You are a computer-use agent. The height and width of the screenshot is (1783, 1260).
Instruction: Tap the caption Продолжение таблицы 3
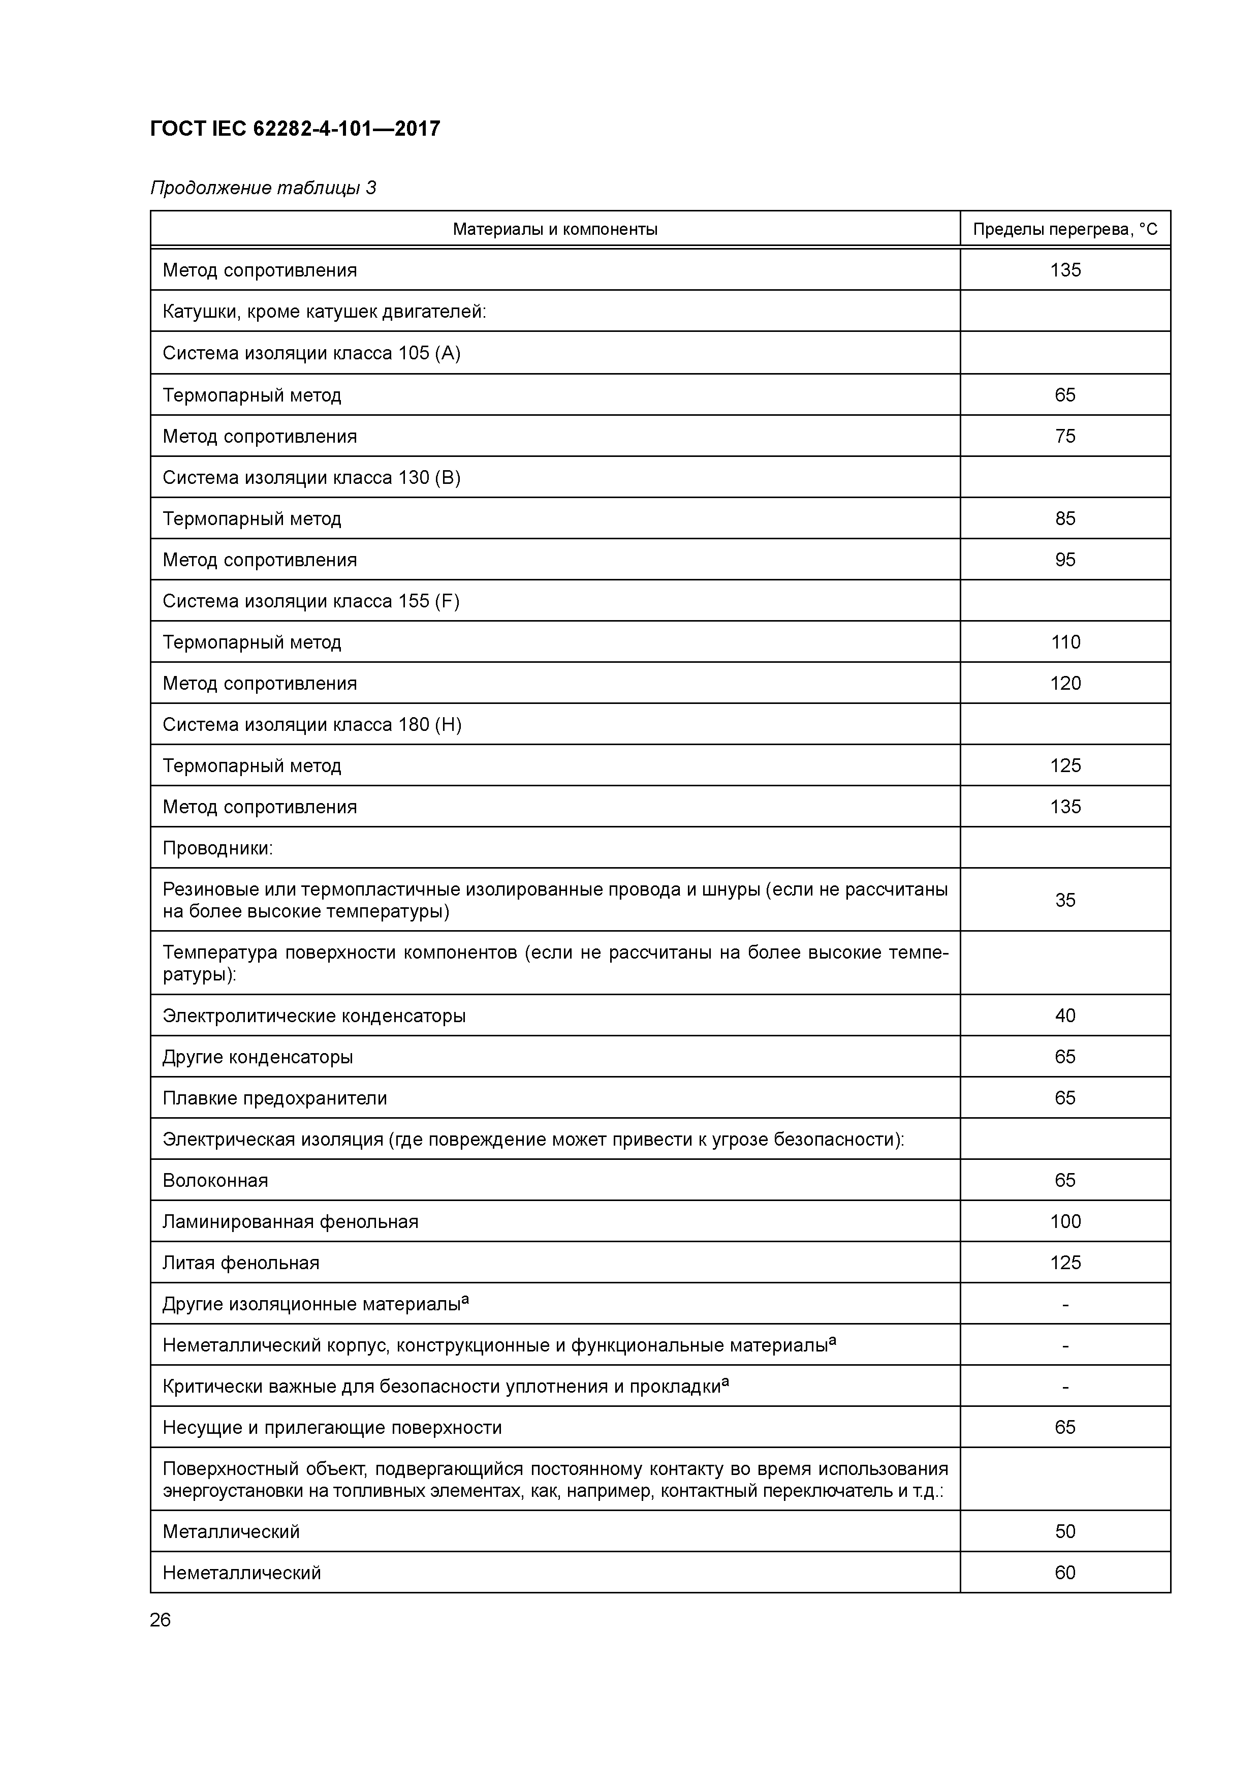(x=262, y=188)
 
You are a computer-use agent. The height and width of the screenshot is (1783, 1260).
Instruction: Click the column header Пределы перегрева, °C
(x=1064, y=229)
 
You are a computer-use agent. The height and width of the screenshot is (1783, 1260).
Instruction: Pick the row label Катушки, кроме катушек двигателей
(x=324, y=312)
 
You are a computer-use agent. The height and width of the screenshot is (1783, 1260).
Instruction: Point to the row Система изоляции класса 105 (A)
(x=311, y=353)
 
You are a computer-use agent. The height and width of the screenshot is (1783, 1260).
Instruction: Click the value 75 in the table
(x=1064, y=437)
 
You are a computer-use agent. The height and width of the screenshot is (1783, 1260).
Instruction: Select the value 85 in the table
(x=1064, y=519)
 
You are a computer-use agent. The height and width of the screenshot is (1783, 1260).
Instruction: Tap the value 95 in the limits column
(x=1064, y=560)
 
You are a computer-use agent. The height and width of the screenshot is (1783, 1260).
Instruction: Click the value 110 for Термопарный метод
(x=1064, y=642)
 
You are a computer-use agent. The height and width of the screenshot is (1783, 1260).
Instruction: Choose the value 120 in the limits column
(x=1064, y=684)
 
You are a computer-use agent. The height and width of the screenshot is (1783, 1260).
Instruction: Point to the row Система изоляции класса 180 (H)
(x=311, y=725)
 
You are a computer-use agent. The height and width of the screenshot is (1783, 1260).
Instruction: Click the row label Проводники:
(x=217, y=848)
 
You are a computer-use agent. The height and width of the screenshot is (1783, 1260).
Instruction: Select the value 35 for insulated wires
(x=1064, y=900)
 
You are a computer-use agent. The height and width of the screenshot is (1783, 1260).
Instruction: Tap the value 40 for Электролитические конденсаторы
(x=1064, y=1016)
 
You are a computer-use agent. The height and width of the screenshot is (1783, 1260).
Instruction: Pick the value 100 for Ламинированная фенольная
(x=1064, y=1221)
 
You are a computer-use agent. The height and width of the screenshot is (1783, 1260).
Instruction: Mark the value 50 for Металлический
(x=1064, y=1531)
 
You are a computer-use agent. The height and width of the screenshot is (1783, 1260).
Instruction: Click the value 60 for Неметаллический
(x=1064, y=1573)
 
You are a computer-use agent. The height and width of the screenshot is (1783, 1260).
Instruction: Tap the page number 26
(x=160, y=1620)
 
